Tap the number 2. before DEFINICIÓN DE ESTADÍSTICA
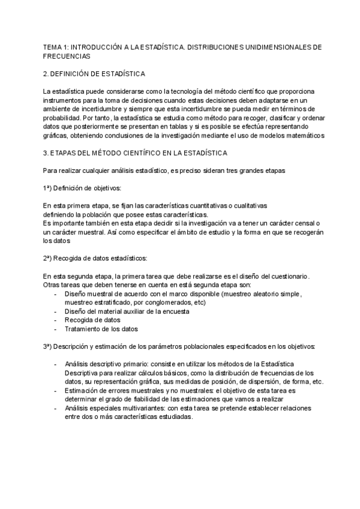[x=46, y=73]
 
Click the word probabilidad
[x=63, y=118]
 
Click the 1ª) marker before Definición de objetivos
[x=47, y=188]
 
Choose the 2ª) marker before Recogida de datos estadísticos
[x=47, y=258]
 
